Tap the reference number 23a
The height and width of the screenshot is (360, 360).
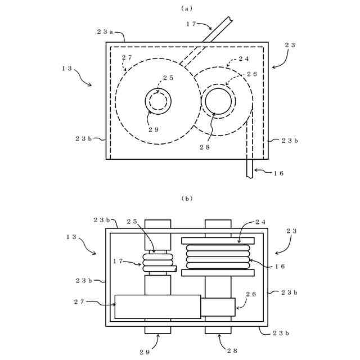pos(115,32)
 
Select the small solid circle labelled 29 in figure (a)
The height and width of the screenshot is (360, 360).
pos(158,102)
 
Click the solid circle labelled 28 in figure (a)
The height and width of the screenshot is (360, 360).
pos(218,102)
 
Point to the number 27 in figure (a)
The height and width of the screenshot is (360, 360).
pos(127,57)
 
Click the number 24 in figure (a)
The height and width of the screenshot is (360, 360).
pos(244,58)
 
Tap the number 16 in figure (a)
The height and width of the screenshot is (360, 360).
pos(278,173)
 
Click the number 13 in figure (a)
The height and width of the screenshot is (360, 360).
pos(67,68)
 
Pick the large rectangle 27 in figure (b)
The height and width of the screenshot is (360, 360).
pos(157,307)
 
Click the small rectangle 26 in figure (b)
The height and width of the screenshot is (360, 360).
pos(218,307)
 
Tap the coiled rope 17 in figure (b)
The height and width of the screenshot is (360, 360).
pos(158,262)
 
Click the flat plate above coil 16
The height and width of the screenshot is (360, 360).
pos(218,241)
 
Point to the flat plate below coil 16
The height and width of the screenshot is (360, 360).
pos(218,273)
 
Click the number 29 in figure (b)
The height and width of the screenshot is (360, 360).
pos(145,352)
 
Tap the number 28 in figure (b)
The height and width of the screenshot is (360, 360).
pos(232,351)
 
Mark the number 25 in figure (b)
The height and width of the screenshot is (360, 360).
pos(132,221)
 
